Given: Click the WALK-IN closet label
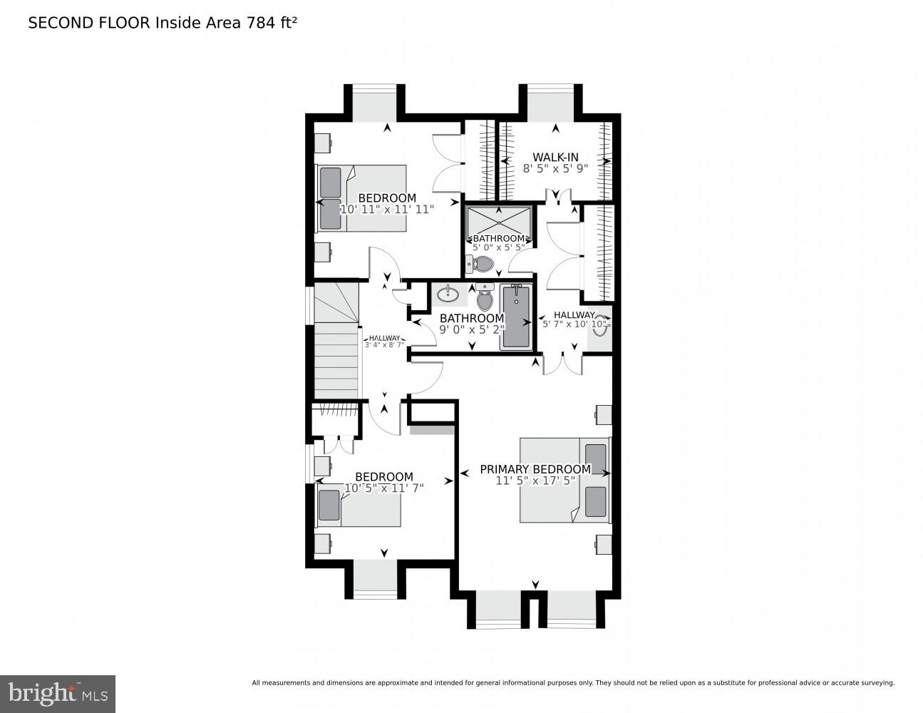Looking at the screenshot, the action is tap(555, 158).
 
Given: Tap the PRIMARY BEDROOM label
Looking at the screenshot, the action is tap(535, 469).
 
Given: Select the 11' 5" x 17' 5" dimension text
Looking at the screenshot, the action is tap(535, 481).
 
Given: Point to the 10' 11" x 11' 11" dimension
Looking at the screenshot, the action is tap(387, 209).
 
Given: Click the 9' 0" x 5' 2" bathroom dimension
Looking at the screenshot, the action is tap(472, 329).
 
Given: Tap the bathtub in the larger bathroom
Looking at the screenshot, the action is tap(516, 317).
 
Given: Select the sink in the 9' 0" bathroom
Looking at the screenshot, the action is tap(448, 294).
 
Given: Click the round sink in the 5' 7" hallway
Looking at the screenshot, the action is tap(599, 325).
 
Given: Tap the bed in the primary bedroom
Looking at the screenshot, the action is tap(565, 480).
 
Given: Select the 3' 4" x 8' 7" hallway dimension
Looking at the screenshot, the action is tap(384, 345).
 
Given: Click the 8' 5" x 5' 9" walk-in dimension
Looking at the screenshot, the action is tap(555, 169).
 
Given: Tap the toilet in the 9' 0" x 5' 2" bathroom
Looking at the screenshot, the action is tap(485, 297).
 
